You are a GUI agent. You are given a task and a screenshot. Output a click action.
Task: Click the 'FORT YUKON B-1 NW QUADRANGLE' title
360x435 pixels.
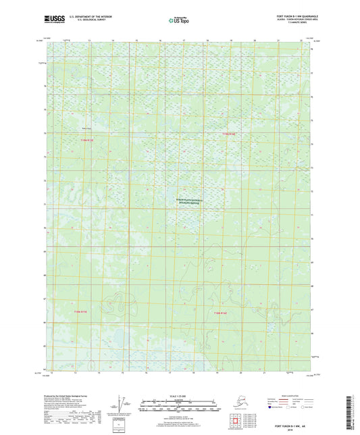(288, 14)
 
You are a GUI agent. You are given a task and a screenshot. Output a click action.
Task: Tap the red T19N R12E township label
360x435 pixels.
(232, 134)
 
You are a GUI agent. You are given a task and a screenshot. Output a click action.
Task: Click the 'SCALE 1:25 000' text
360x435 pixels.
(179, 394)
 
